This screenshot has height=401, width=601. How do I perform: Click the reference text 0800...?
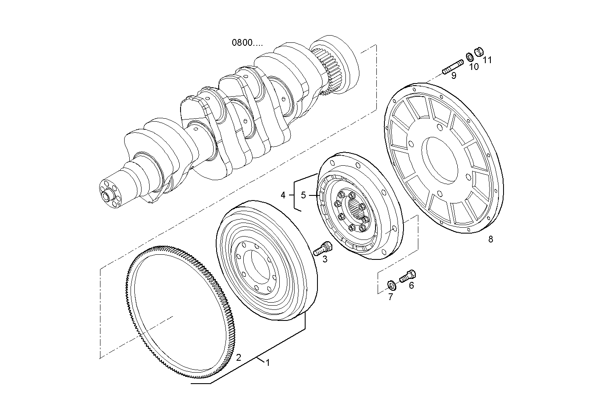(x=247, y=42)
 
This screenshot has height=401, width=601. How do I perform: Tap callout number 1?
(x=267, y=362)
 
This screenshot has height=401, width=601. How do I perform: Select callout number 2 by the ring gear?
(x=239, y=357)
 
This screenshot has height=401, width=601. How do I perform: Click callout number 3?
(x=283, y=195)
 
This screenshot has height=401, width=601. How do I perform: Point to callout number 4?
(x=303, y=195)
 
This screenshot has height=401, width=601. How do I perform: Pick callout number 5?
(x=411, y=285)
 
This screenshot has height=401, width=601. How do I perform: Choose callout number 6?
(x=390, y=297)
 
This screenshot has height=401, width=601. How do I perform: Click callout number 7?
(x=490, y=239)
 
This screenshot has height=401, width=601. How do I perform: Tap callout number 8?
(x=454, y=76)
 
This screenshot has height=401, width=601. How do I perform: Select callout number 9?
(x=473, y=67)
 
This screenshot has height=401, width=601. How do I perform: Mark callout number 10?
(x=487, y=60)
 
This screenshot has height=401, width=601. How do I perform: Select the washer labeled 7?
(x=392, y=284)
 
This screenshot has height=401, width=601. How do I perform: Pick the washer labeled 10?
(x=470, y=57)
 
